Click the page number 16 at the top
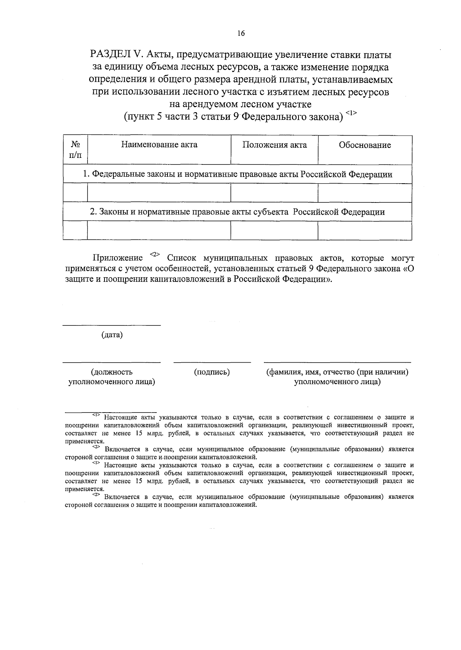click(x=241, y=33)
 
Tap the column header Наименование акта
click(x=159, y=145)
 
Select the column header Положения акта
click(x=274, y=145)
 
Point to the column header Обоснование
click(x=365, y=145)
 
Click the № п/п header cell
click(x=75, y=149)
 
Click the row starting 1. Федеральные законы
click(x=237, y=174)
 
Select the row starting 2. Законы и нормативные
click(x=237, y=212)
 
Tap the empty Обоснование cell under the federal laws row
click(x=365, y=193)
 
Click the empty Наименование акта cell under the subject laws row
click(x=159, y=230)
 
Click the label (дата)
click(x=112, y=335)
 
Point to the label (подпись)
click(x=212, y=372)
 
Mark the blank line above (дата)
click(x=111, y=325)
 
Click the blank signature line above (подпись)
click(x=212, y=361)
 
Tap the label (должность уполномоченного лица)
click(x=111, y=377)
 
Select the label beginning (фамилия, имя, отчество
click(x=337, y=377)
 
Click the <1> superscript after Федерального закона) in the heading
click(x=351, y=113)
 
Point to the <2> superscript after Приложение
click(x=154, y=254)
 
